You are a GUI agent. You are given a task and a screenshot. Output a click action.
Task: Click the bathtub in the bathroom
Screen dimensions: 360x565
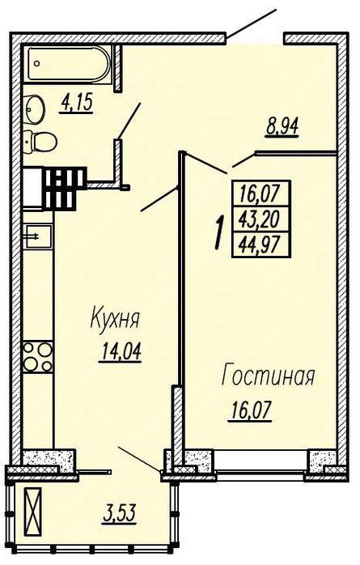69,64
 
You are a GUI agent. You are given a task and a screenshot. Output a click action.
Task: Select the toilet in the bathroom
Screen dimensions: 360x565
40,142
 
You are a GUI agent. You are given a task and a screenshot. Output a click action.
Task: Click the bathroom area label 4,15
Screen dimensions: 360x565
77,104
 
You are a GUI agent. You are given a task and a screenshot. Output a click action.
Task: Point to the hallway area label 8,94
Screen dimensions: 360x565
282,127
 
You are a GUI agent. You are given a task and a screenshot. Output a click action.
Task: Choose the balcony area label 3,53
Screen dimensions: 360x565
120,513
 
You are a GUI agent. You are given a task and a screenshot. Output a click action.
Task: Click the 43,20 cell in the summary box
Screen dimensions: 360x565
261,219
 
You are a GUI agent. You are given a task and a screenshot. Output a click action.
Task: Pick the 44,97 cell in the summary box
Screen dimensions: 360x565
261,244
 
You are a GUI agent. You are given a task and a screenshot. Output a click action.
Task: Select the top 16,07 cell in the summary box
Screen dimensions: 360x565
261,193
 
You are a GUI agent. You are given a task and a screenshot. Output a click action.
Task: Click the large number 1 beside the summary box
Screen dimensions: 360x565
219,233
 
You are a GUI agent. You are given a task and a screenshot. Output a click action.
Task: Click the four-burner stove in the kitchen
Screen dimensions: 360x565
38,357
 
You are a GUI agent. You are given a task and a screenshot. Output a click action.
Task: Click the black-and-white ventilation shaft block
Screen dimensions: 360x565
64,189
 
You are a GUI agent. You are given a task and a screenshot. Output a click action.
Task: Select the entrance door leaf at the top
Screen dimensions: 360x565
252,23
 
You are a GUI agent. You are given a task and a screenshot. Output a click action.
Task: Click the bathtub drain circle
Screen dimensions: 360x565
36,64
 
